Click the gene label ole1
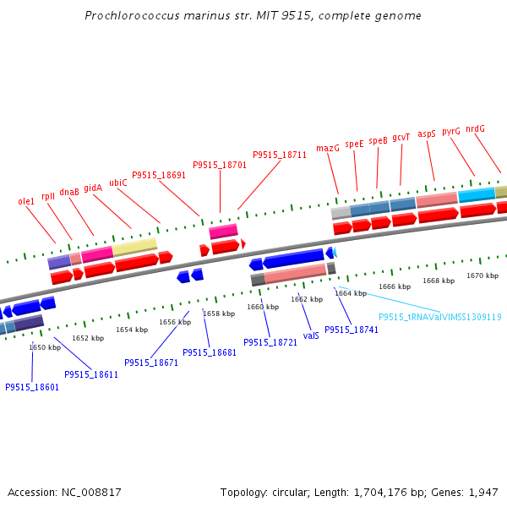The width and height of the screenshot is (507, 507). [x=26, y=201]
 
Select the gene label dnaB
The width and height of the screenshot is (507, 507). [x=69, y=192]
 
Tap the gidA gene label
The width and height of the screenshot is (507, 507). [x=93, y=188]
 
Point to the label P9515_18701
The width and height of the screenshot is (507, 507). [x=220, y=165]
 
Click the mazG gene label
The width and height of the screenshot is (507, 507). [x=328, y=148]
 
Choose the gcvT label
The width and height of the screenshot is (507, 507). [x=401, y=138]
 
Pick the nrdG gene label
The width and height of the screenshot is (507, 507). [x=475, y=128]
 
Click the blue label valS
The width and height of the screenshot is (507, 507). [x=311, y=335]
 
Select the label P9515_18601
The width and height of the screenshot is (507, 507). [x=32, y=387]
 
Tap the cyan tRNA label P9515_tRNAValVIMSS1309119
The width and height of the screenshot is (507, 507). [x=440, y=317]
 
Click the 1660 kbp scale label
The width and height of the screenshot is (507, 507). [x=263, y=307]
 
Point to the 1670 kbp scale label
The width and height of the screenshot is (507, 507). [x=482, y=275]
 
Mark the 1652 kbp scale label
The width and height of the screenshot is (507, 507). [x=88, y=338]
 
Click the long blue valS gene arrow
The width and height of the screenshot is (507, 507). [x=293, y=259]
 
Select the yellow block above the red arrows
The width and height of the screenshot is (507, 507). [x=134, y=247]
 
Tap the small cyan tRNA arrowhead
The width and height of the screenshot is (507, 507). [x=335, y=252]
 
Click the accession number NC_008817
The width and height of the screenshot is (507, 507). [x=91, y=493]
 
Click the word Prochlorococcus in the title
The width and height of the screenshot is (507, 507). [x=132, y=15]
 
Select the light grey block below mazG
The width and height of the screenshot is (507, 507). [x=341, y=213]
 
